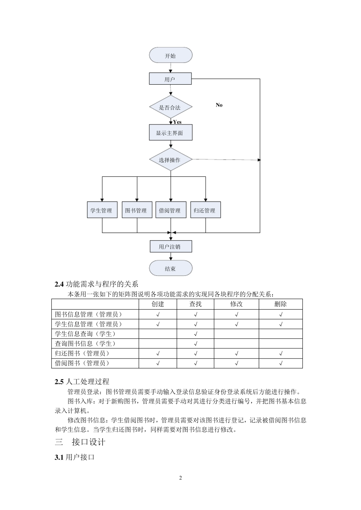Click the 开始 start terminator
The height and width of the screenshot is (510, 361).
click(x=171, y=55)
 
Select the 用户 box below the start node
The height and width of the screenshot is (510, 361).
click(x=170, y=79)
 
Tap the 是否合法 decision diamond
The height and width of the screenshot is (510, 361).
click(x=170, y=107)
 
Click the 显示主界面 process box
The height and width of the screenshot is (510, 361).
click(x=170, y=133)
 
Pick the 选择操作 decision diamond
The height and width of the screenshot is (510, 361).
click(x=170, y=160)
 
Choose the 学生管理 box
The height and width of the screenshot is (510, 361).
click(x=101, y=210)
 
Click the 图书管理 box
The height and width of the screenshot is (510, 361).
click(x=136, y=210)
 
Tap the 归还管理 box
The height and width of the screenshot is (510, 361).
click(x=205, y=210)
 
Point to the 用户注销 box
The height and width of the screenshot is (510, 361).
click(x=170, y=247)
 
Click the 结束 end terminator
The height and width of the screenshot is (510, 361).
click(x=171, y=269)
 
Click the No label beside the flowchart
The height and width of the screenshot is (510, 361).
click(x=219, y=105)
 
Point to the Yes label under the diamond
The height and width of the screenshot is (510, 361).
click(x=177, y=122)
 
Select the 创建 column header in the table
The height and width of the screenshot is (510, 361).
click(x=158, y=304)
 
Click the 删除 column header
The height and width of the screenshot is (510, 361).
click(x=280, y=304)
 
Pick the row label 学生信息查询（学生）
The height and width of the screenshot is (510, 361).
click(x=85, y=334)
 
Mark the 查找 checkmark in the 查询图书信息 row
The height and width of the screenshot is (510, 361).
click(x=195, y=344)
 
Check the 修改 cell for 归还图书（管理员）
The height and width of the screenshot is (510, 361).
click(x=236, y=353)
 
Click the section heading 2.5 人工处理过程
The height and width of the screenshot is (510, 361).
click(x=82, y=381)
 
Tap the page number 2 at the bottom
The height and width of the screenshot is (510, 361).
click(x=180, y=478)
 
